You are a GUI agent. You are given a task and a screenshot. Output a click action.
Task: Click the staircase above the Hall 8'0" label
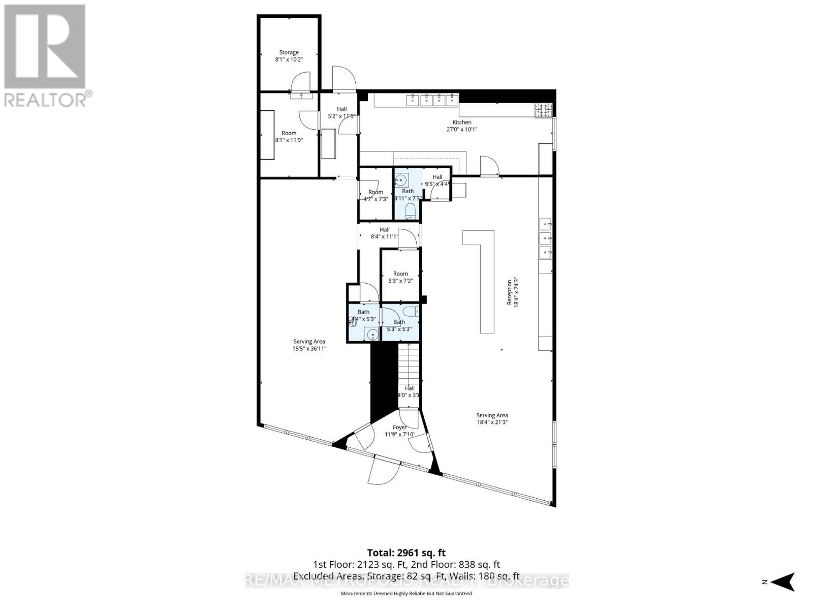(409, 363)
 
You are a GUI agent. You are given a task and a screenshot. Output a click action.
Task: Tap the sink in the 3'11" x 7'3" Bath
(401, 179)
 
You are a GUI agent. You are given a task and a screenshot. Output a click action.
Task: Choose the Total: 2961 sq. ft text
(406, 553)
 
